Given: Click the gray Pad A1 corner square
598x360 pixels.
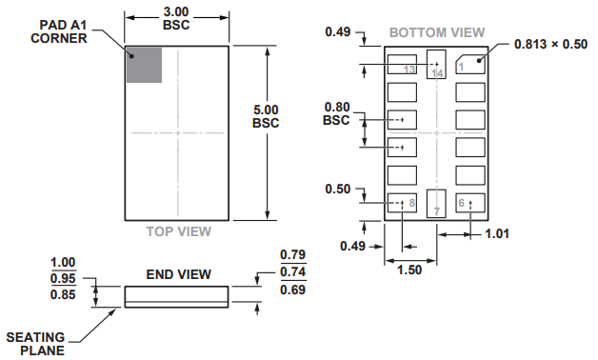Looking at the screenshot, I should (144, 64).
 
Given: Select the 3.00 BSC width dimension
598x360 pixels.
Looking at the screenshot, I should (176, 18).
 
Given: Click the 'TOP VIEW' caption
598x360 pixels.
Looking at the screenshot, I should (178, 231).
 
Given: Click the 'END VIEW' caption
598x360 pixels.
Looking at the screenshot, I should (178, 274).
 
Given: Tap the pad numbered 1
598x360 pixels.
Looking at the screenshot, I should (470, 64).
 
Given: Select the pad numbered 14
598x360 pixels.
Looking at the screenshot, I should (436, 63).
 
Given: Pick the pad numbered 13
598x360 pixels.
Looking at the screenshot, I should (402, 65).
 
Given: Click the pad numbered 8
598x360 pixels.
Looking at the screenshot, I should (402, 202).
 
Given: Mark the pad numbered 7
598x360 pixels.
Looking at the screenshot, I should (436, 203).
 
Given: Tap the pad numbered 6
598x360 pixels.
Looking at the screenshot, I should (470, 202).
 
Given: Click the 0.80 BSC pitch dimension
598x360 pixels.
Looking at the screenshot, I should (336, 113).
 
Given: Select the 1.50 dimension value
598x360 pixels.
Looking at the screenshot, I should (410, 270).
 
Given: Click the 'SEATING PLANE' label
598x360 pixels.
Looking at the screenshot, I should (35, 343).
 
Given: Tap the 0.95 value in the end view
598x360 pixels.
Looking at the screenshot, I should (63, 278).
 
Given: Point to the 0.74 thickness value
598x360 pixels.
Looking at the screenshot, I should (292, 271).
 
